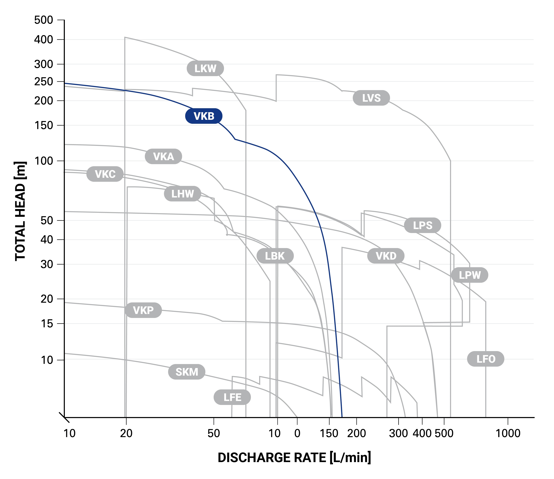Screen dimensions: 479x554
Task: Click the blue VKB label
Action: (204, 116)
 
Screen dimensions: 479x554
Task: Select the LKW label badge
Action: (205, 69)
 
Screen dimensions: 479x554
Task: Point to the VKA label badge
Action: (163, 156)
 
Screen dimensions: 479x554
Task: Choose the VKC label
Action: (105, 174)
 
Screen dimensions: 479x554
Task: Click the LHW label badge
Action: (182, 194)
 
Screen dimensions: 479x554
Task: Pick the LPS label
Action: (422, 225)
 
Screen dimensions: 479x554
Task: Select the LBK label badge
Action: (275, 256)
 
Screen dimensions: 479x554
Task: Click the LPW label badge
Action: (470, 275)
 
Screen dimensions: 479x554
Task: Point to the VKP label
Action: (143, 310)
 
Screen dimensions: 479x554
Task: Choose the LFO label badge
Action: (486, 359)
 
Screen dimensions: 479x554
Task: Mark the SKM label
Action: (187, 372)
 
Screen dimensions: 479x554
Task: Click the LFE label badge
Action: (232, 397)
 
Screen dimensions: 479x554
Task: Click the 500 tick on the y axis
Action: (44, 20)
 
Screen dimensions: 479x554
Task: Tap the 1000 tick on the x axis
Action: (508, 433)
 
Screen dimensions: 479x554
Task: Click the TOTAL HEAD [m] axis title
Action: (20, 211)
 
